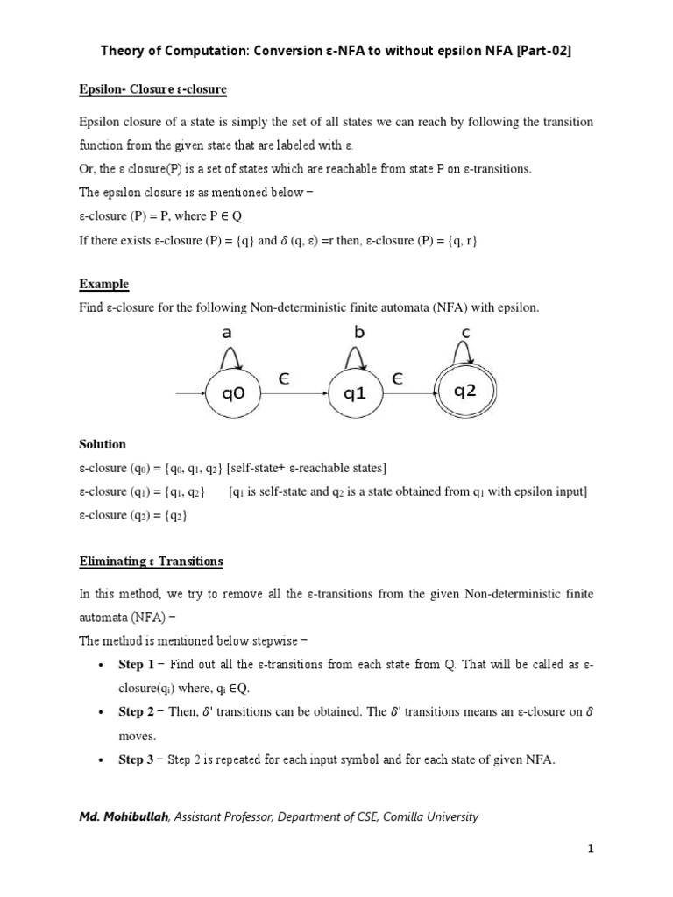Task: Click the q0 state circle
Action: tap(233, 394)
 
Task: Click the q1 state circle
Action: tap(354, 394)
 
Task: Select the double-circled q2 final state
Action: tap(464, 393)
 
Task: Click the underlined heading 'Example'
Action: tap(103, 284)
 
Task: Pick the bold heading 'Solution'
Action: tap(103, 444)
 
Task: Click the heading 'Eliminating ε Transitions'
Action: tap(151, 561)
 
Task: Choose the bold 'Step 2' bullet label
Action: tap(136, 712)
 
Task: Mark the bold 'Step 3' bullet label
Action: tap(136, 759)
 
